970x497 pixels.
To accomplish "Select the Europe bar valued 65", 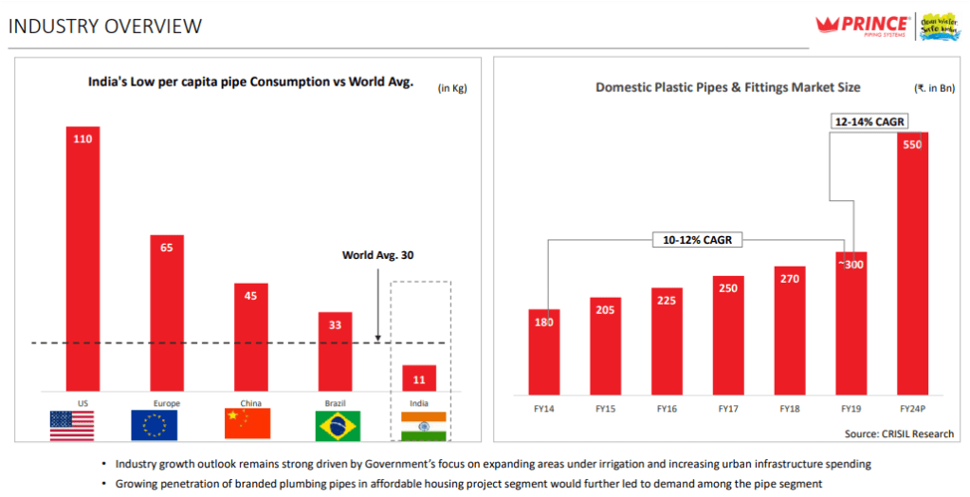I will click(166, 313).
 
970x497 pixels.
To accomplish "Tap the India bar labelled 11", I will click(417, 377).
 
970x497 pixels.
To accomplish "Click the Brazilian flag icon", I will click(338, 425).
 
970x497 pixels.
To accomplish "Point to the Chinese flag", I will click(247, 424).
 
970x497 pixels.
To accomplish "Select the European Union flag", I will click(154, 425).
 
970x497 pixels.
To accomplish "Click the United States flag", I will click(71, 425).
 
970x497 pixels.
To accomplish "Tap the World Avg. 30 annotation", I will click(378, 255).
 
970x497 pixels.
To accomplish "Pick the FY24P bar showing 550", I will click(912, 263).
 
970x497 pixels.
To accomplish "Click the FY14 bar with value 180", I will click(543, 351).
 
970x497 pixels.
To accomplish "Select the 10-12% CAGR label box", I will click(697, 240).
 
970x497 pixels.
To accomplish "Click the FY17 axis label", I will click(728, 409).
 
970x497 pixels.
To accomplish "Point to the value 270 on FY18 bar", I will click(790, 279).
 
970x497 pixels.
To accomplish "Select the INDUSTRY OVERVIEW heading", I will click(105, 26).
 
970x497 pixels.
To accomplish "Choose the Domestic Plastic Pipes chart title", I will click(727, 87).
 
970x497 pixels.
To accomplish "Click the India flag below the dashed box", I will click(423, 426).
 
